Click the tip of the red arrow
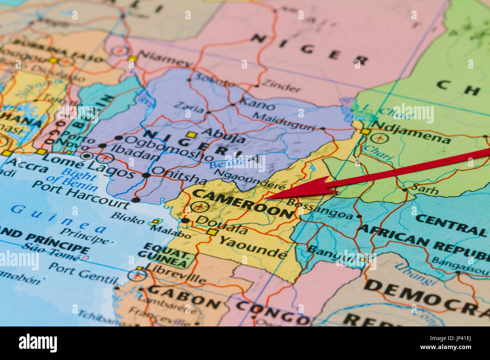pyautogui.click(x=266, y=197)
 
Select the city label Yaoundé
pyautogui.click(x=253, y=246)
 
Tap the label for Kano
pyautogui.click(x=257, y=102)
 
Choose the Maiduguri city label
pyautogui.click(x=283, y=121)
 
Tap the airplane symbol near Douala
pyautogui.click(x=198, y=206)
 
